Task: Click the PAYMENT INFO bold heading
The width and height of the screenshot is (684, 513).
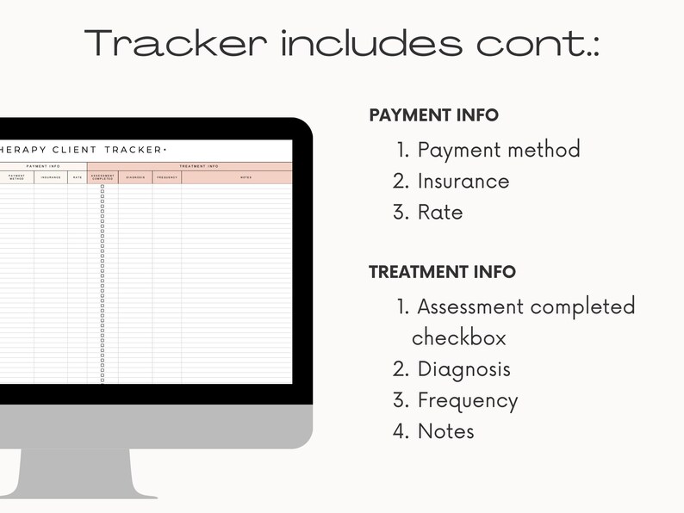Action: click(433, 115)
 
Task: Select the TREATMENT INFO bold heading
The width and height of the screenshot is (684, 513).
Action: click(442, 272)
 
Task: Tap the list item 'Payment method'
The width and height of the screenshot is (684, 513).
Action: click(498, 150)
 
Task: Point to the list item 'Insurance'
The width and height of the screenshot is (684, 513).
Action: click(463, 182)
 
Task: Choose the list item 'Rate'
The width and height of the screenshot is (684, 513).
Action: click(439, 213)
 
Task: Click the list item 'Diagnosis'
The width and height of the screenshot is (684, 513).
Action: click(463, 369)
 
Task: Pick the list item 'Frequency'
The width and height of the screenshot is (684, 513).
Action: click(467, 401)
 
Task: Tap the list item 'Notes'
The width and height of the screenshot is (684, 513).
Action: click(445, 431)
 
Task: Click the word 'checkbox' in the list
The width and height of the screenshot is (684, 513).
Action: click(458, 337)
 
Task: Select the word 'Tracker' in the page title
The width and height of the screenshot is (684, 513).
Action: click(176, 44)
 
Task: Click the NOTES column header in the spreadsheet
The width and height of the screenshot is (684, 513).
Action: click(246, 178)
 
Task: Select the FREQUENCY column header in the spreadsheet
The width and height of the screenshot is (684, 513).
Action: click(167, 178)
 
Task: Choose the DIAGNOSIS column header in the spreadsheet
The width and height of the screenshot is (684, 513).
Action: click(135, 178)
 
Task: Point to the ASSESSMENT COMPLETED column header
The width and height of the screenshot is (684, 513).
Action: click(103, 178)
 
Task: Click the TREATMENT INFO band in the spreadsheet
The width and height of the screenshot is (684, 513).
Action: click(198, 166)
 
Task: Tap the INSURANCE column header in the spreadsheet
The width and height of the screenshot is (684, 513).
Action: click(51, 178)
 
